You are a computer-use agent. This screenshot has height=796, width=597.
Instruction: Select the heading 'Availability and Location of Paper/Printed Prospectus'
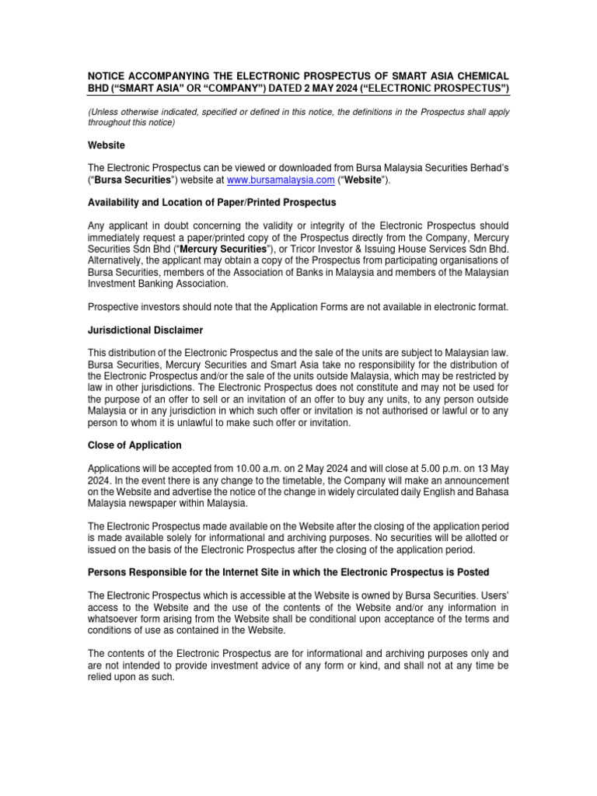point(211,203)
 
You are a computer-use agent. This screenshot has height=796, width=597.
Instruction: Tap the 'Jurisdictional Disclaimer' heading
point(145,330)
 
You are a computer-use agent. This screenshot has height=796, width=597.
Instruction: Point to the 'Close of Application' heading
point(134,445)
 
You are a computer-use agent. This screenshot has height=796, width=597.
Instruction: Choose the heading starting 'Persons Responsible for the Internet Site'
point(288,572)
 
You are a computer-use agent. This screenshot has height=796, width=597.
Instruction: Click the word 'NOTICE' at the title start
point(110,75)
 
